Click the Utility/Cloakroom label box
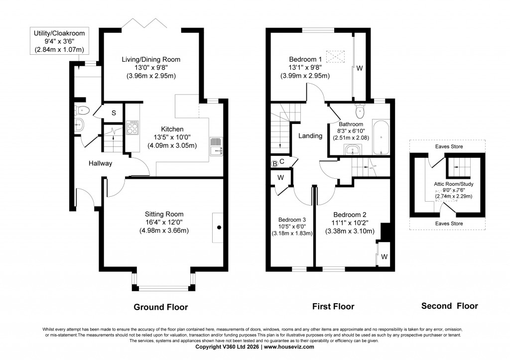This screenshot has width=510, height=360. (x=59, y=41)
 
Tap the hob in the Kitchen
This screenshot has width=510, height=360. (x=133, y=128)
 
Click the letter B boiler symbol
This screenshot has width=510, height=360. (x=274, y=164)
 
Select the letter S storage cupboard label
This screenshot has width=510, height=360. (x=114, y=113)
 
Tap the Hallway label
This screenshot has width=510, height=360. (x=101, y=163)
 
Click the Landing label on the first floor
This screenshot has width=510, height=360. (x=310, y=136)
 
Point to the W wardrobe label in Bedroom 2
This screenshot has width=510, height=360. (x=384, y=257)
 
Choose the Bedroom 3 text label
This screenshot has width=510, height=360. (x=292, y=220)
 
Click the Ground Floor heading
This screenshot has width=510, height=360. (x=161, y=307)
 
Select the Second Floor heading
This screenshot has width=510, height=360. (x=449, y=306)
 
